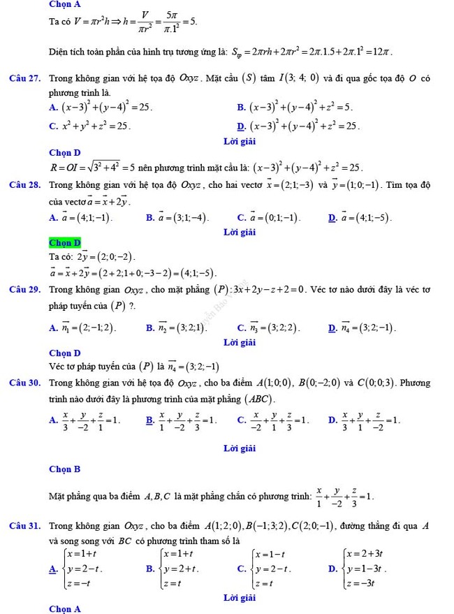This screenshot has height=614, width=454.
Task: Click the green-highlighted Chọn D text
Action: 65,243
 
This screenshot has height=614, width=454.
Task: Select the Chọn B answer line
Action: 65,469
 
